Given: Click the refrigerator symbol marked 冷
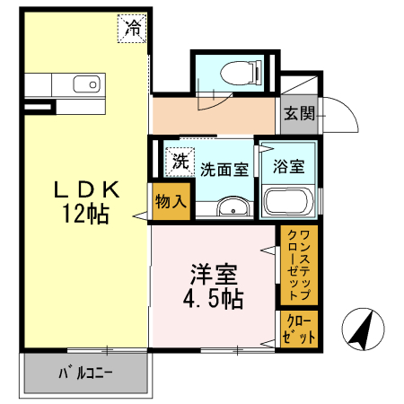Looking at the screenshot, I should tap(133, 28).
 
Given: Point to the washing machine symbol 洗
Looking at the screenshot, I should tap(180, 162).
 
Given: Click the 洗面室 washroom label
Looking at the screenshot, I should tap(224, 168).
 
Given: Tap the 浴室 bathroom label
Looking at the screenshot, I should tap(288, 166).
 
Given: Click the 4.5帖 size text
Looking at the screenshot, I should tap(213, 298).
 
